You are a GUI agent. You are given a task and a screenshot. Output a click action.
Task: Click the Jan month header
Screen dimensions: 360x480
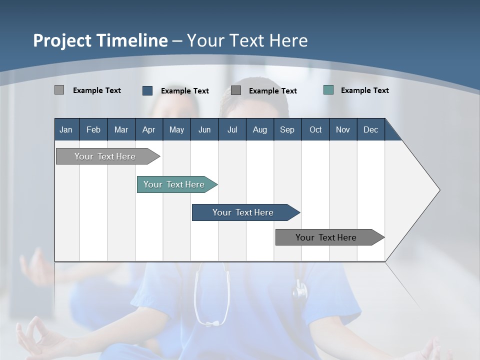[66, 129]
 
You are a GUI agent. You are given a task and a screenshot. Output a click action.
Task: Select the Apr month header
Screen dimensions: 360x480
[148, 129]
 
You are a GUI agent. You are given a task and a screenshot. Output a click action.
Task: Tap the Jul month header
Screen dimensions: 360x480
[232, 129]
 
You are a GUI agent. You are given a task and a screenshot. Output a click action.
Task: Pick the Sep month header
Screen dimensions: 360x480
[287, 129]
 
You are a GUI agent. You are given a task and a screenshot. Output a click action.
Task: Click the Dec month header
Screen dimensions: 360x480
[370, 129]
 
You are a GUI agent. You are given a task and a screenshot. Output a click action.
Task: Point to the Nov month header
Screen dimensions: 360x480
[342, 129]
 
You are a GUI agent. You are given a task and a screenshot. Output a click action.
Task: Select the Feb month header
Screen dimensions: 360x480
[93, 129]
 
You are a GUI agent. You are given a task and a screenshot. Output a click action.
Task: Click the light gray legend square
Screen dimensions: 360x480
[59, 90]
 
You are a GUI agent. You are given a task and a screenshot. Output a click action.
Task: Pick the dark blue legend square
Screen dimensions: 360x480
[147, 90]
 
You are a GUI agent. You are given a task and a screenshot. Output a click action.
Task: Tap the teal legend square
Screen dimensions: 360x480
[328, 90]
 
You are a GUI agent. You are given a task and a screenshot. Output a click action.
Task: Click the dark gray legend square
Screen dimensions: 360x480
[236, 90]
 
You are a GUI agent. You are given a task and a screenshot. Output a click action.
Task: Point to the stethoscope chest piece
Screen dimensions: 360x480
[300, 290]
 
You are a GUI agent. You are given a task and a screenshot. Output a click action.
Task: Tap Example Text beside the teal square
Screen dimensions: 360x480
[364, 90]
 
